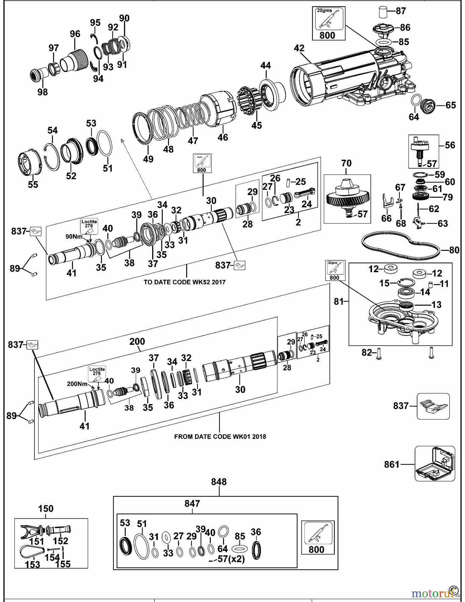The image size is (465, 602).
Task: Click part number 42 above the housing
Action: point(299,48)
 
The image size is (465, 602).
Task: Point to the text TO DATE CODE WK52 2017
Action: point(184,282)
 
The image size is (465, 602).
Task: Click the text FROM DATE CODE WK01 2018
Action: point(220,436)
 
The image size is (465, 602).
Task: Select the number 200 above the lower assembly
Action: point(137,341)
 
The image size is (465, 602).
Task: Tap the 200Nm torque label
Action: point(77,384)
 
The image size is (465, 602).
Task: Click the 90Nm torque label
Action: point(74,236)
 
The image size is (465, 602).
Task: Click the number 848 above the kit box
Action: point(219,482)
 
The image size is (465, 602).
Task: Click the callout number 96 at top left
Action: point(75,34)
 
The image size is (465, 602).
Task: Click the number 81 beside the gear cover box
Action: point(339,301)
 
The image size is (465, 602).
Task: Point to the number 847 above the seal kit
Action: point(192,503)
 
